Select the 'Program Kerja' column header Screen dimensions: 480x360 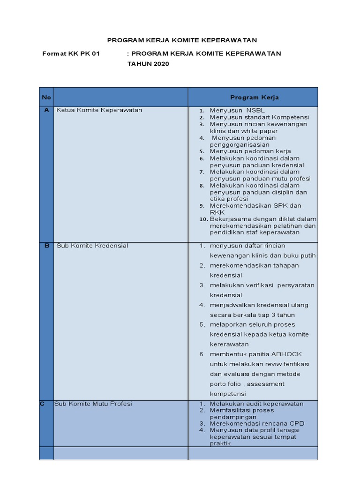click(x=255, y=97)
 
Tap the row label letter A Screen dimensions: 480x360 click(x=46, y=110)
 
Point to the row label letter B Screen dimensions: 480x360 click(x=46, y=246)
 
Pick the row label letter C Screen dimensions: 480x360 click(x=43, y=404)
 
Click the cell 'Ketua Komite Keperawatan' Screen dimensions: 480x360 click(x=99, y=110)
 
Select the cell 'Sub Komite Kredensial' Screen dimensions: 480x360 click(x=92, y=246)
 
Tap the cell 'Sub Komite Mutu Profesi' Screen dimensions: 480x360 click(x=93, y=404)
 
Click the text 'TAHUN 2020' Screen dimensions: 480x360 click(x=148, y=64)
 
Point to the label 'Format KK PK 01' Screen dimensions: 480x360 click(x=71, y=53)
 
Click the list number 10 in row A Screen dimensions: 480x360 click(x=202, y=219)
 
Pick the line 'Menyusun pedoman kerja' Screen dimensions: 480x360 click(x=250, y=151)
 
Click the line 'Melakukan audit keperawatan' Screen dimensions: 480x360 click(x=256, y=404)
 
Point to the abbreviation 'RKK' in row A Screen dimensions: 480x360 click(x=217, y=212)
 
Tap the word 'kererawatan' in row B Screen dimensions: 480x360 click(x=229, y=344)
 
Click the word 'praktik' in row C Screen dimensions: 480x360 click(x=220, y=443)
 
